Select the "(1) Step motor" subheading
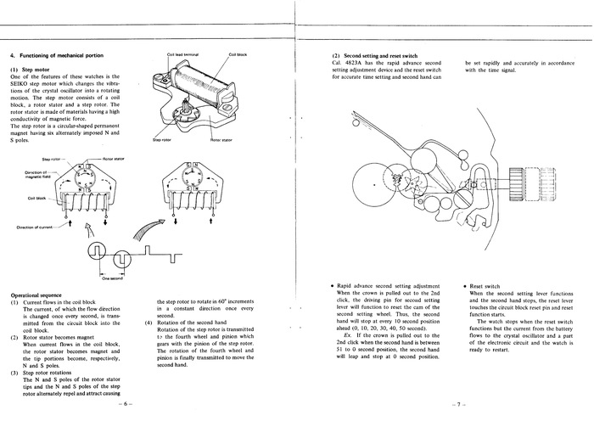click(x=35, y=69)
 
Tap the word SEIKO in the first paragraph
click(x=23, y=85)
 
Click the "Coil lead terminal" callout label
click(x=185, y=54)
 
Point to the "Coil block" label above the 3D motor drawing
click(x=238, y=54)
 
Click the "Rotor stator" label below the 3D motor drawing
click(x=221, y=139)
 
